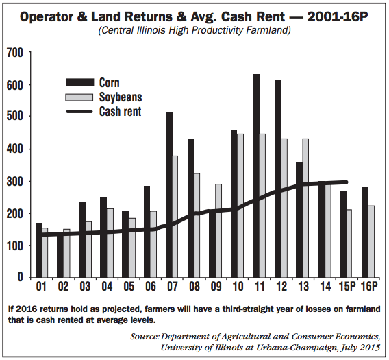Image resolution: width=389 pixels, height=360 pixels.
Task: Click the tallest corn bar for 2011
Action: tap(256, 176)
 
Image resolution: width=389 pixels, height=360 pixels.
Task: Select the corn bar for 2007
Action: tap(169, 195)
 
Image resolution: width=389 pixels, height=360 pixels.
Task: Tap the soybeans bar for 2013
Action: tap(305, 208)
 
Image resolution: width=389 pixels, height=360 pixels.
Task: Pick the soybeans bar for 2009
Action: tap(218, 230)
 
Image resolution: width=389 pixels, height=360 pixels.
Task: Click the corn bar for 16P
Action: tap(365, 232)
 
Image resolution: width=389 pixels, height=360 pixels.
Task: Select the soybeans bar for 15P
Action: tap(349, 243)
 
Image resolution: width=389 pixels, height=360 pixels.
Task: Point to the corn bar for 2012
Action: tap(278, 178)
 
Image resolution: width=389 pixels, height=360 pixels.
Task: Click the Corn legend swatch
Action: tap(80, 82)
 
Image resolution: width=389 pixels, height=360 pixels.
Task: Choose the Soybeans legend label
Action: tap(121, 97)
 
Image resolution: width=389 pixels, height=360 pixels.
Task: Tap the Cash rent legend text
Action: tap(121, 111)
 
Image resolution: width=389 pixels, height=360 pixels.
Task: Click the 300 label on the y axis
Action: tap(14, 182)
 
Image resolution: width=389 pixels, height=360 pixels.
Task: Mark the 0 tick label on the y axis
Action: tap(20, 277)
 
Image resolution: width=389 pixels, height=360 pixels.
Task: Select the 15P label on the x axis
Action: tap(347, 287)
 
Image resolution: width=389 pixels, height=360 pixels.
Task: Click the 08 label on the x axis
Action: tap(194, 287)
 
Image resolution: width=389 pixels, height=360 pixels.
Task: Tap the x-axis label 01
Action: tap(41, 287)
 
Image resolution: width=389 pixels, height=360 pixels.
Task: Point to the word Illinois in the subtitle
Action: tap(151, 31)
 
